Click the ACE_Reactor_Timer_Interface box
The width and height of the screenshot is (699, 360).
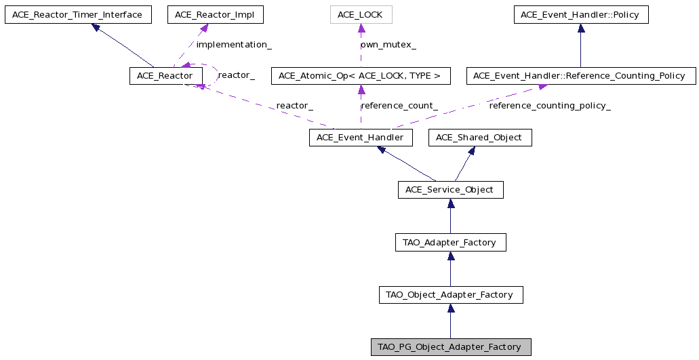click(78, 15)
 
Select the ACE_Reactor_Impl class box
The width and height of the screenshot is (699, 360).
click(216, 15)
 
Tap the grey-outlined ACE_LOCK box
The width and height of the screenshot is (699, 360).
click(361, 15)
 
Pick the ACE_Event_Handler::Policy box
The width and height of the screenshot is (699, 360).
click(581, 15)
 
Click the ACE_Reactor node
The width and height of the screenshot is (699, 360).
click(166, 76)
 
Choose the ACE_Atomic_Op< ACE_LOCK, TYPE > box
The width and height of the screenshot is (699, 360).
click(361, 76)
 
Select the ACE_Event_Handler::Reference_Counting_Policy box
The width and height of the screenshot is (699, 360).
click(581, 76)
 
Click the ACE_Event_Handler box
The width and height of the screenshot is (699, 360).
click(361, 137)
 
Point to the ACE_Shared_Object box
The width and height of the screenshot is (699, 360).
click(480, 137)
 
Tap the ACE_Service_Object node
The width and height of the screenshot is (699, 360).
click(451, 190)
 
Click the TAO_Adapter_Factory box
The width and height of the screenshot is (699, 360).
click(451, 243)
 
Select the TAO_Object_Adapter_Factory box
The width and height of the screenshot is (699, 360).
click(451, 294)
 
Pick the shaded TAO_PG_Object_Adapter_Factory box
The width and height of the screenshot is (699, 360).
click(451, 346)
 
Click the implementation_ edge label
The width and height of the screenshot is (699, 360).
click(234, 45)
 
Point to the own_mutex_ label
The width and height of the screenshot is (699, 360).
click(388, 45)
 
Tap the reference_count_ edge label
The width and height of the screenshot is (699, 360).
click(399, 106)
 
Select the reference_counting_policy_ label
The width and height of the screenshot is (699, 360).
click(550, 106)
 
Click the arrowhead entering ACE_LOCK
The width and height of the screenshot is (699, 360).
click(361, 28)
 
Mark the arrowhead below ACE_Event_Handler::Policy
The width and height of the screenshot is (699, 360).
click(581, 28)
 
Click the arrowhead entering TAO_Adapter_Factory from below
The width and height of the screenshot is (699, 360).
click(451, 256)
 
